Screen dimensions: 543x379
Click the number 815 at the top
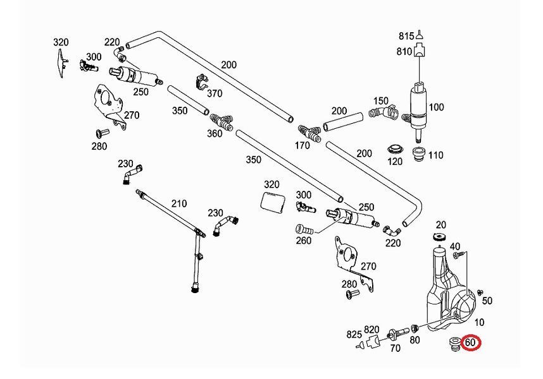pyautogui.click(x=406, y=36)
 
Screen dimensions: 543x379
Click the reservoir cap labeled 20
pyautogui.click(x=439, y=237)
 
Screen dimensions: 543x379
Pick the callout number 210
pyautogui.click(x=179, y=203)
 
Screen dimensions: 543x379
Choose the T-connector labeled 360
pyautogui.click(x=221, y=122)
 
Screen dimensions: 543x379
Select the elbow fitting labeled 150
pyautogui.click(x=382, y=112)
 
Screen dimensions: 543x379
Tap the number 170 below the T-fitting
pyautogui.click(x=302, y=146)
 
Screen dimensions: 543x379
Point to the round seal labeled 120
pyautogui.click(x=395, y=149)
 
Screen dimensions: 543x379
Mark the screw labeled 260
pyautogui.click(x=304, y=229)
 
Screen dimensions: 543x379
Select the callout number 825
pyautogui.click(x=354, y=334)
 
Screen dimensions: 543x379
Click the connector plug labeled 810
pyautogui.click(x=420, y=51)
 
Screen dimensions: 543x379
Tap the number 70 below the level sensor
pyautogui.click(x=395, y=348)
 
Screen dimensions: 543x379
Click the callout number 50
pyautogui.click(x=487, y=301)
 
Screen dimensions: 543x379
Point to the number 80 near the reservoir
pyautogui.click(x=415, y=340)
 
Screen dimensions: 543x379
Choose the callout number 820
pyautogui.click(x=371, y=330)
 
